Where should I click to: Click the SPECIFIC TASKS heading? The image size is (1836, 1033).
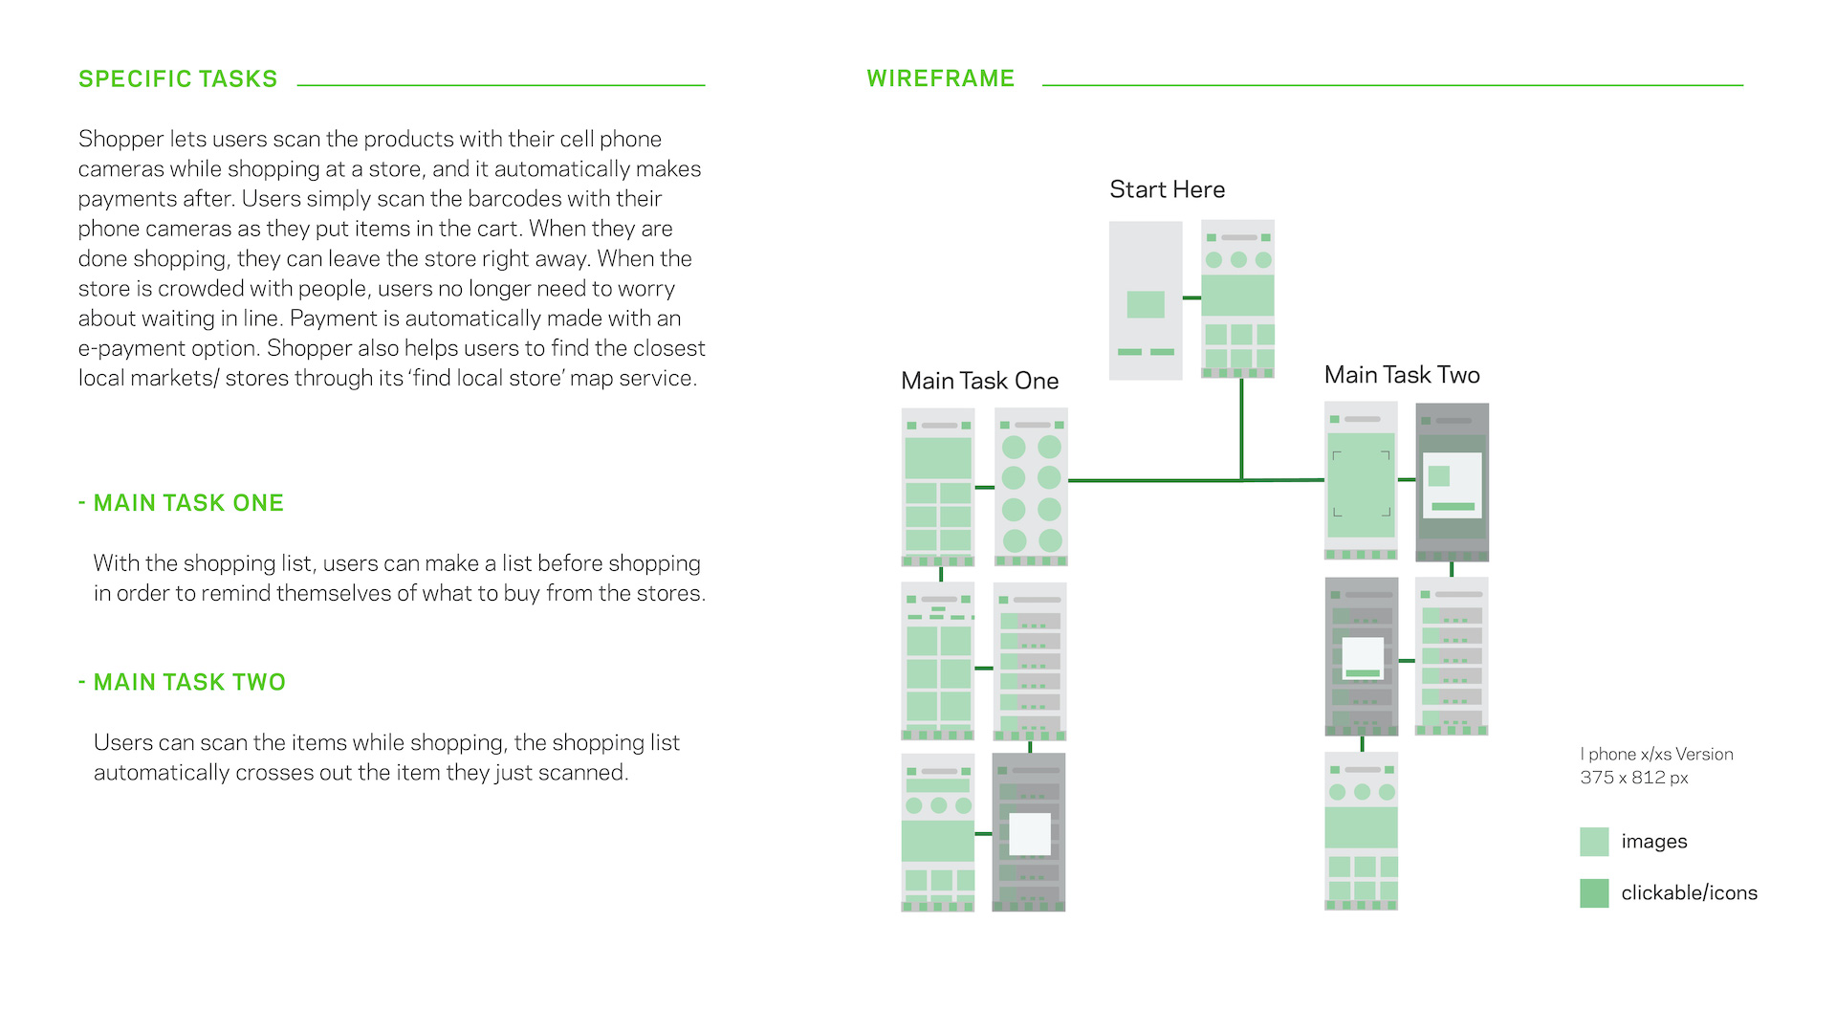[178, 79]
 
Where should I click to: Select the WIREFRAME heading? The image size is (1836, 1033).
[940, 78]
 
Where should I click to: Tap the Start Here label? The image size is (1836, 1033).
[1167, 189]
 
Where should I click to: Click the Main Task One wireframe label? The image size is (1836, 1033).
[979, 381]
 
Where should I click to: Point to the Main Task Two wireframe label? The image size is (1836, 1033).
[1402, 375]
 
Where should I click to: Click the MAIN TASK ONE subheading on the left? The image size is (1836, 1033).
[188, 503]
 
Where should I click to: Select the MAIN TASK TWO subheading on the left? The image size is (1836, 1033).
[189, 682]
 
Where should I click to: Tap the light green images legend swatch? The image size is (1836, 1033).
[1594, 842]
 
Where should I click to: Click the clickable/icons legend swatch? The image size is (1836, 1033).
[1594, 893]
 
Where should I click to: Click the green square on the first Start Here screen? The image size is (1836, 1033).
[1146, 304]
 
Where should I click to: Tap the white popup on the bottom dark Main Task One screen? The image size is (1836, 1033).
[1030, 834]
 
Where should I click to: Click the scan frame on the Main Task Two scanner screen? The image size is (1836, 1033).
[1361, 484]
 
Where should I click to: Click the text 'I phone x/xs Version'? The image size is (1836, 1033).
[1656, 754]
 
